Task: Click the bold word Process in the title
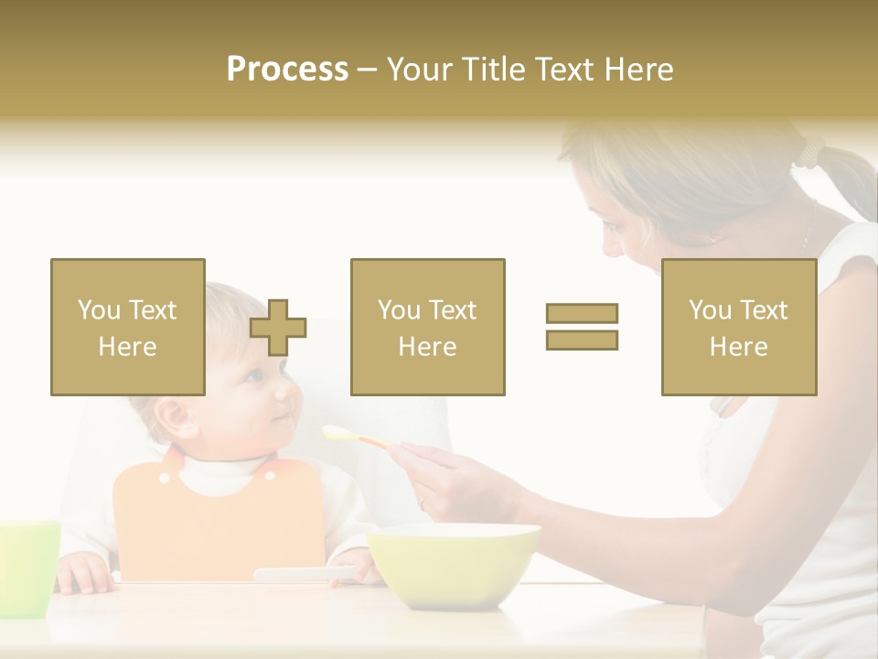(x=287, y=70)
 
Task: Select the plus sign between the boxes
(x=279, y=328)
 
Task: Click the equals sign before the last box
(x=582, y=327)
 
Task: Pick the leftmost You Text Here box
(x=128, y=328)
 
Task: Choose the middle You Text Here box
(x=428, y=328)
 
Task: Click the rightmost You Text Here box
(x=739, y=328)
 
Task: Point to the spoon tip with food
(x=335, y=432)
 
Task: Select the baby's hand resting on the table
(x=84, y=572)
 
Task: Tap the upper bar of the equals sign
(x=582, y=313)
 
